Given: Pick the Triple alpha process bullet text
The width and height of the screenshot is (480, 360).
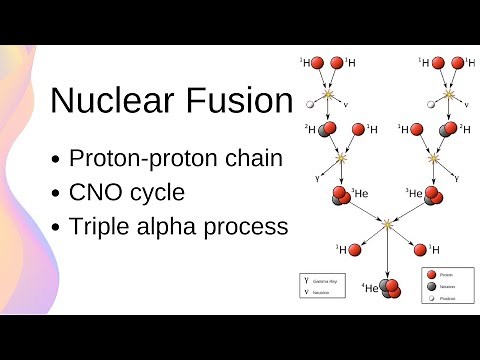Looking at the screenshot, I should (x=178, y=226).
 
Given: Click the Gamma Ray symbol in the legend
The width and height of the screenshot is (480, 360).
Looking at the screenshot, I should (x=306, y=281).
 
